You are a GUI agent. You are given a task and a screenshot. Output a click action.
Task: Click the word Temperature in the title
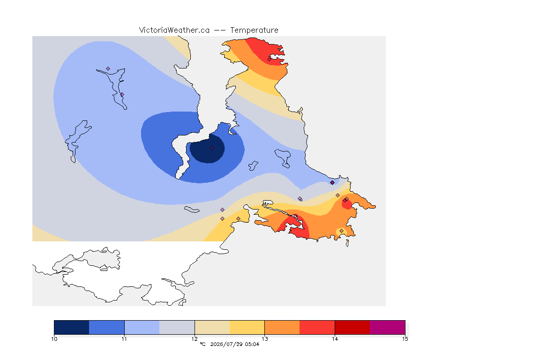click(254, 30)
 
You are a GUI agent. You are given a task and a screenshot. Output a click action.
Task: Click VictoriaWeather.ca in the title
click(174, 30)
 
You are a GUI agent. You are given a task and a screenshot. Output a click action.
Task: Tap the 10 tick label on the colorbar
click(54, 339)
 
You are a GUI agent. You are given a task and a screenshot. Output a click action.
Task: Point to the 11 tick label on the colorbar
click(124, 339)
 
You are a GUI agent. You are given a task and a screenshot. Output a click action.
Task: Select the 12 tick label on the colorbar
click(195, 339)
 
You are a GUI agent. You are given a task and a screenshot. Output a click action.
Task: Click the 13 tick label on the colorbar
click(264, 339)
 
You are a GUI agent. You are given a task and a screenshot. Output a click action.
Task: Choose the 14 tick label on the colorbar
click(335, 339)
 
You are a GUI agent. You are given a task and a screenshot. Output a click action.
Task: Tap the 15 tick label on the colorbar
click(405, 339)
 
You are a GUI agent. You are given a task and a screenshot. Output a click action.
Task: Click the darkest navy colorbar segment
click(72, 327)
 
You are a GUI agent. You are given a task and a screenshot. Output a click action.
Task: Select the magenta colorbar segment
click(388, 327)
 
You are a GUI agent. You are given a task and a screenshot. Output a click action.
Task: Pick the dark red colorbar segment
click(352, 327)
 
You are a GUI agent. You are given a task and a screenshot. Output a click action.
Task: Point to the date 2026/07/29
click(226, 344)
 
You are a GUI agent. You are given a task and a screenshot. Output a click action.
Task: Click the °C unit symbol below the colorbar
click(202, 344)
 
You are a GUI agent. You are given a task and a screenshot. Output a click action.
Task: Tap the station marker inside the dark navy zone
click(212, 149)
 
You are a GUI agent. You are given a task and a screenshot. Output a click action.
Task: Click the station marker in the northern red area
click(270, 59)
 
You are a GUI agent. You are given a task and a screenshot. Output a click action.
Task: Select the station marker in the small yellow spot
click(341, 231)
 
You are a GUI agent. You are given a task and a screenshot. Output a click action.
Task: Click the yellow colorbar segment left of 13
click(247, 327)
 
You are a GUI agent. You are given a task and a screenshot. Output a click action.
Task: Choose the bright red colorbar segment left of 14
click(317, 327)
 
